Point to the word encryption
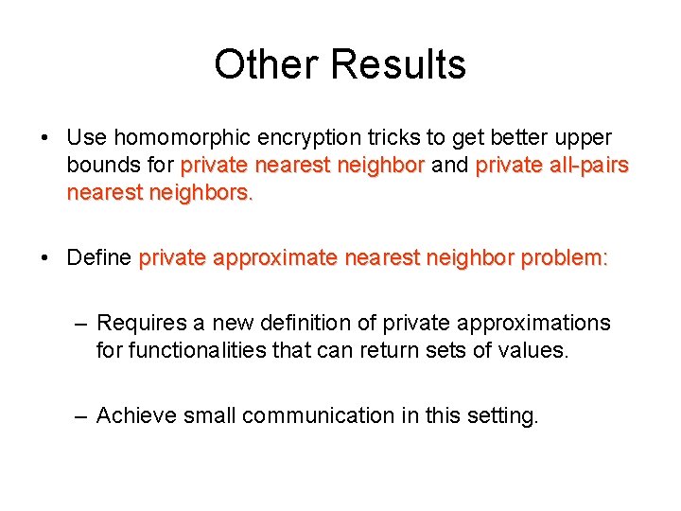307,139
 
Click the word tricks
397,139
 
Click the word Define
99,258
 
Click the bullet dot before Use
46,139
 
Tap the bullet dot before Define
46,258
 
